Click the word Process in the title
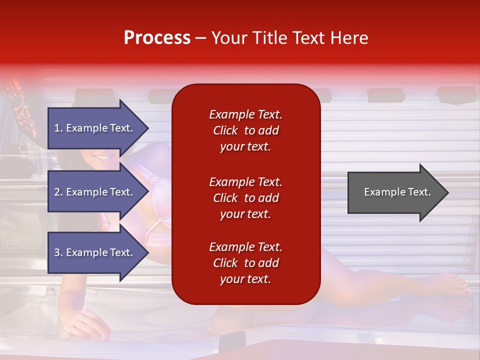[x=157, y=38]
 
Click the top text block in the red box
[x=246, y=130]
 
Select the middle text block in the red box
[x=246, y=198]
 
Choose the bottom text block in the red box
[x=246, y=263]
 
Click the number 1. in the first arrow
[x=58, y=128]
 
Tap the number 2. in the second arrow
[x=58, y=192]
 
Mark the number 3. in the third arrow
[x=58, y=252]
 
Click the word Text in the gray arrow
[x=419, y=192]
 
